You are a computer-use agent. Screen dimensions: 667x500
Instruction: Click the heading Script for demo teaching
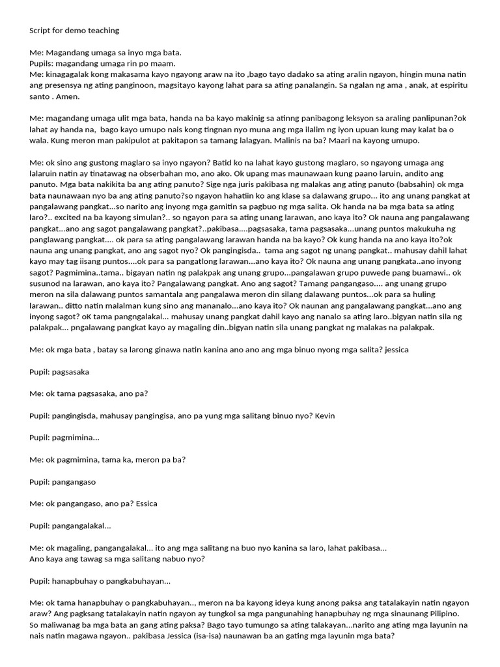74,30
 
